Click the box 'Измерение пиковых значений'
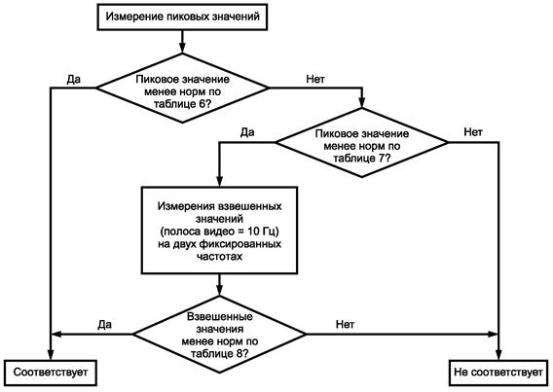pos(182,17)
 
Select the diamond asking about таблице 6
pos(182,89)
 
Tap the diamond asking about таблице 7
pos(362,142)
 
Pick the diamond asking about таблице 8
pos(219,335)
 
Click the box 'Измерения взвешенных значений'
pos(219,231)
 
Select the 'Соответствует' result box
pos(51,373)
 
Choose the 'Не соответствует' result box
pos(498,373)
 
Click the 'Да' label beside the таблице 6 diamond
pos(73,80)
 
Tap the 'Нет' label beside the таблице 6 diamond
pos(315,79)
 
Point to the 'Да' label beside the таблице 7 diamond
pos(247,132)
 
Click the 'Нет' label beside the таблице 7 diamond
pos(473,132)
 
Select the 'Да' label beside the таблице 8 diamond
pos(104,324)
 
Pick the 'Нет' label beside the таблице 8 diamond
pos(345,324)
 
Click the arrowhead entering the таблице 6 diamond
pos(182,48)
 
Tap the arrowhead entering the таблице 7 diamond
pos(362,102)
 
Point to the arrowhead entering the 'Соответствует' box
pos(51,355)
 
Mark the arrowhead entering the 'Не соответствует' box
pos(498,355)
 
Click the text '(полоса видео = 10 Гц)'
pos(219,232)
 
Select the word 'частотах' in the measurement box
pos(219,256)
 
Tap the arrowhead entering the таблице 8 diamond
pos(219,291)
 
